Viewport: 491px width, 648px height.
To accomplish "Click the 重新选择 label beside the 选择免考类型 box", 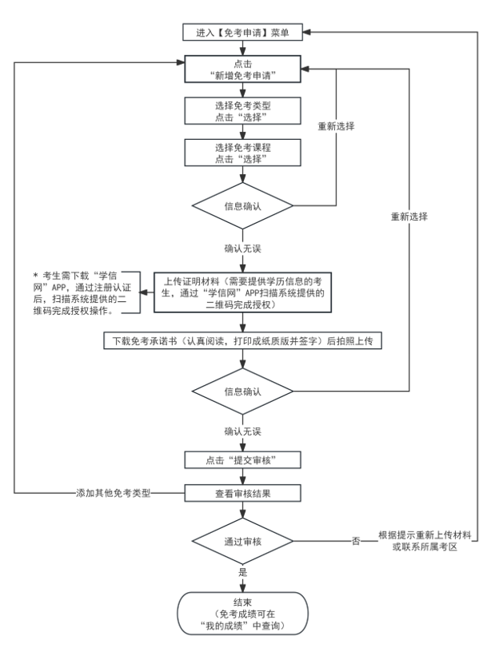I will click(x=335, y=127).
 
